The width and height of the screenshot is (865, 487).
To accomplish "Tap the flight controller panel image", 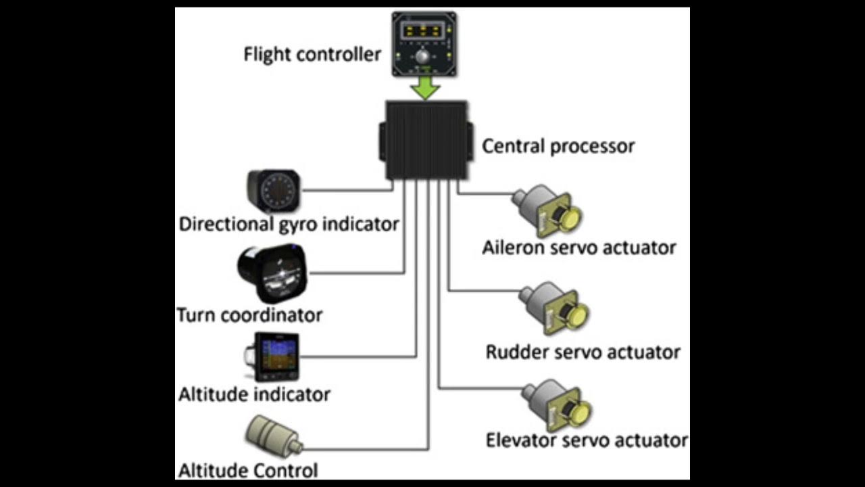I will [424, 44].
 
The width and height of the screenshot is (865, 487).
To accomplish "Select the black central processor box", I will [426, 141].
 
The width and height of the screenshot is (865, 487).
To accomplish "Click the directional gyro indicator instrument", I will [274, 191].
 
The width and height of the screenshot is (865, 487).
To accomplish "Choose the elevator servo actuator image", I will [558, 407].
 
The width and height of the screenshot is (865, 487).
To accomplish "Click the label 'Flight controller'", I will [312, 54].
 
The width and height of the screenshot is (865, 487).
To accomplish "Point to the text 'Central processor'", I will [558, 146].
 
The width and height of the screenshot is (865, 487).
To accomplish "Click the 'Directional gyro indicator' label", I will [289, 224].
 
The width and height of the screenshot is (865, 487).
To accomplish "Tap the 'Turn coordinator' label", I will [249, 315].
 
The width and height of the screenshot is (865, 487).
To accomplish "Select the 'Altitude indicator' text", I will [254, 394].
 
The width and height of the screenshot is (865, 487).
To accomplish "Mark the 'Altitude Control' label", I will [247, 470].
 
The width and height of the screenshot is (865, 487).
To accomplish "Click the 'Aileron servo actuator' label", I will [579, 248].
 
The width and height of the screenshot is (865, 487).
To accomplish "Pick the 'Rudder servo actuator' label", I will [583, 352].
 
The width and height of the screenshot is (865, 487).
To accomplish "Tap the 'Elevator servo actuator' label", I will [587, 440].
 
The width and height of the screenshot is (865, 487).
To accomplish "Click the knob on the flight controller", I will [424, 56].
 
